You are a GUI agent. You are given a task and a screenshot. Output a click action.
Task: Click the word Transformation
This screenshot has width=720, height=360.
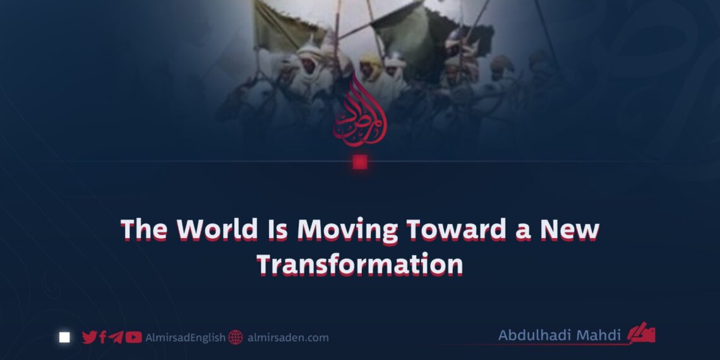point(359,265)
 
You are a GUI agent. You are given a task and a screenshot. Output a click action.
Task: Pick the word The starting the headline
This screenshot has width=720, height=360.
point(143,229)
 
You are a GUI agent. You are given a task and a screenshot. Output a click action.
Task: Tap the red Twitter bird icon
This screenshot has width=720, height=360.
point(90,337)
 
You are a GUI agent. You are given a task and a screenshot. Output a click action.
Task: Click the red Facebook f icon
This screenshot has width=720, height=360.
point(103,337)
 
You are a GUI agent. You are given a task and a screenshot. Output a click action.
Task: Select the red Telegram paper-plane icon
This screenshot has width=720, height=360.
point(116,337)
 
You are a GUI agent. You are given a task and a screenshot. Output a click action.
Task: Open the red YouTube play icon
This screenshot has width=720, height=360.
point(133,337)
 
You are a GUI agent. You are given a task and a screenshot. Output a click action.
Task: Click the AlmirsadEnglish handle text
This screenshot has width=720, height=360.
point(184,338)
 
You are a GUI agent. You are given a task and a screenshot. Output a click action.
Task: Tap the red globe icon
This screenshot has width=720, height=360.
point(236,337)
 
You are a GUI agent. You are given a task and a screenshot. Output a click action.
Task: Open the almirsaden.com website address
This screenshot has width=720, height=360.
point(288,338)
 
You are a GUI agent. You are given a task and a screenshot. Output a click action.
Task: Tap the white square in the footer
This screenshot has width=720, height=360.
point(64,337)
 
